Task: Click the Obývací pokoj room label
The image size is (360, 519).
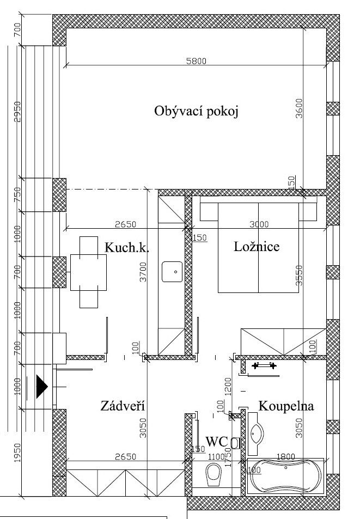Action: [197, 112]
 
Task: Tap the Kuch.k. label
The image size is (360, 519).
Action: [127, 248]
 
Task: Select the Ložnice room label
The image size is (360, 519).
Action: [257, 247]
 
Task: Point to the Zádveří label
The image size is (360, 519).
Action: [123, 406]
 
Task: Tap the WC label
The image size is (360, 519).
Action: [216, 441]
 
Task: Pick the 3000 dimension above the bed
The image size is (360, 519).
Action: [259, 224]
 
